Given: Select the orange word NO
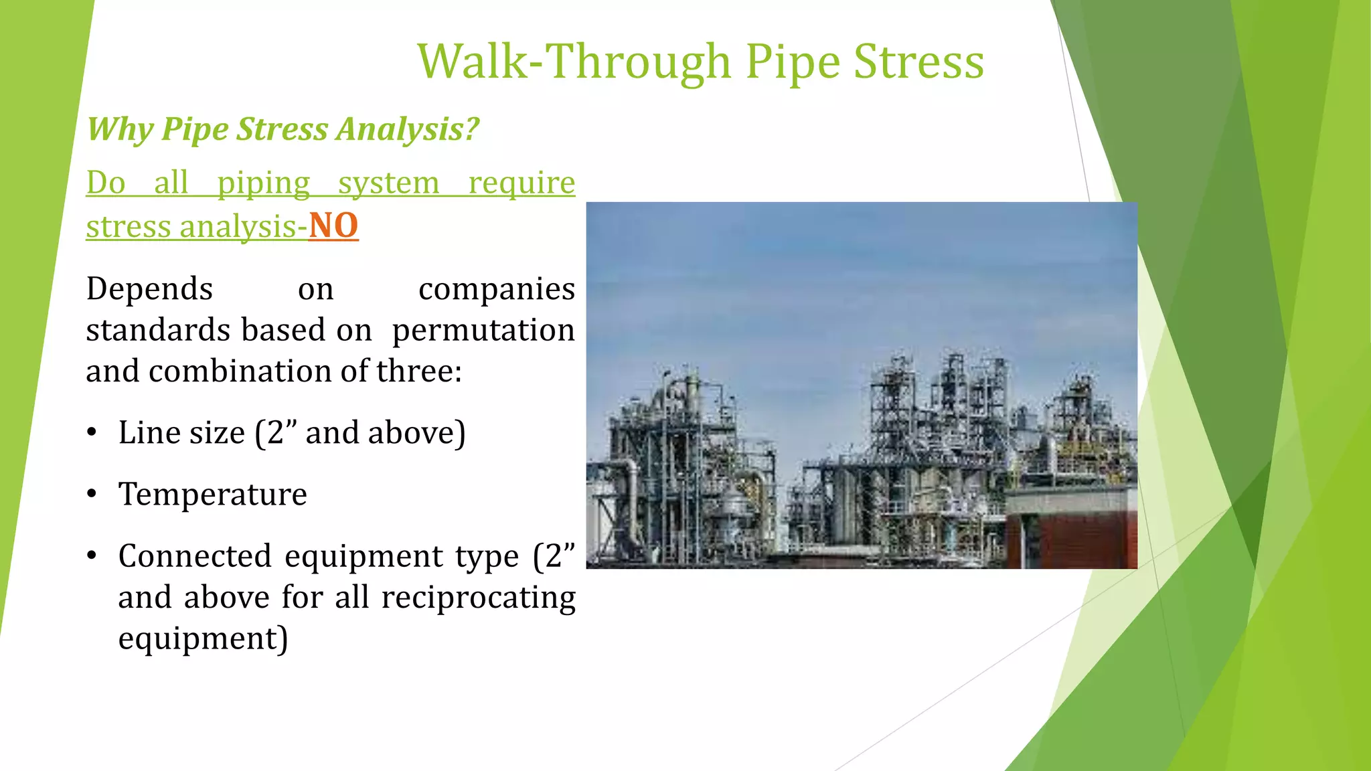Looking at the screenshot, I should [x=333, y=226].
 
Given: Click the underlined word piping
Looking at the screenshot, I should [x=264, y=183].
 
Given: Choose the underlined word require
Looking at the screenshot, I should [x=521, y=183].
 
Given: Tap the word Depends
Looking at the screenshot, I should [x=149, y=289].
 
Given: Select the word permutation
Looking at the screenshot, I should [x=483, y=330].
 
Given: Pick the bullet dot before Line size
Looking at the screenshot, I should [x=92, y=432].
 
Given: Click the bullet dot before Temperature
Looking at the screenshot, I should [x=92, y=495].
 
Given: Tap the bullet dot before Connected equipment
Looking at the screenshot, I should [x=92, y=555].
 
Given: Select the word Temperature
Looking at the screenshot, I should [x=212, y=495].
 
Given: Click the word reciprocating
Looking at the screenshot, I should [x=478, y=598].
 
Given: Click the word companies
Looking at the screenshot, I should [x=496, y=289].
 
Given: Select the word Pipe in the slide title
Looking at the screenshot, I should [x=793, y=62].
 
